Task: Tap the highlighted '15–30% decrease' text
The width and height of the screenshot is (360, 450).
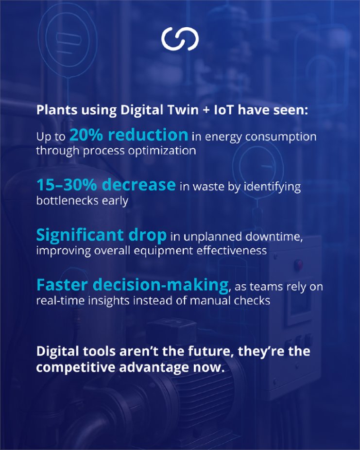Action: tap(105, 185)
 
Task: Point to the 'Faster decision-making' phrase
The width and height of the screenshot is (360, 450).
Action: tap(132, 285)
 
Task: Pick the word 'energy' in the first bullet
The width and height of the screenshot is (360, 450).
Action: tap(222, 137)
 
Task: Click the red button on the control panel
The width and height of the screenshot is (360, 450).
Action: tap(299, 265)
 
